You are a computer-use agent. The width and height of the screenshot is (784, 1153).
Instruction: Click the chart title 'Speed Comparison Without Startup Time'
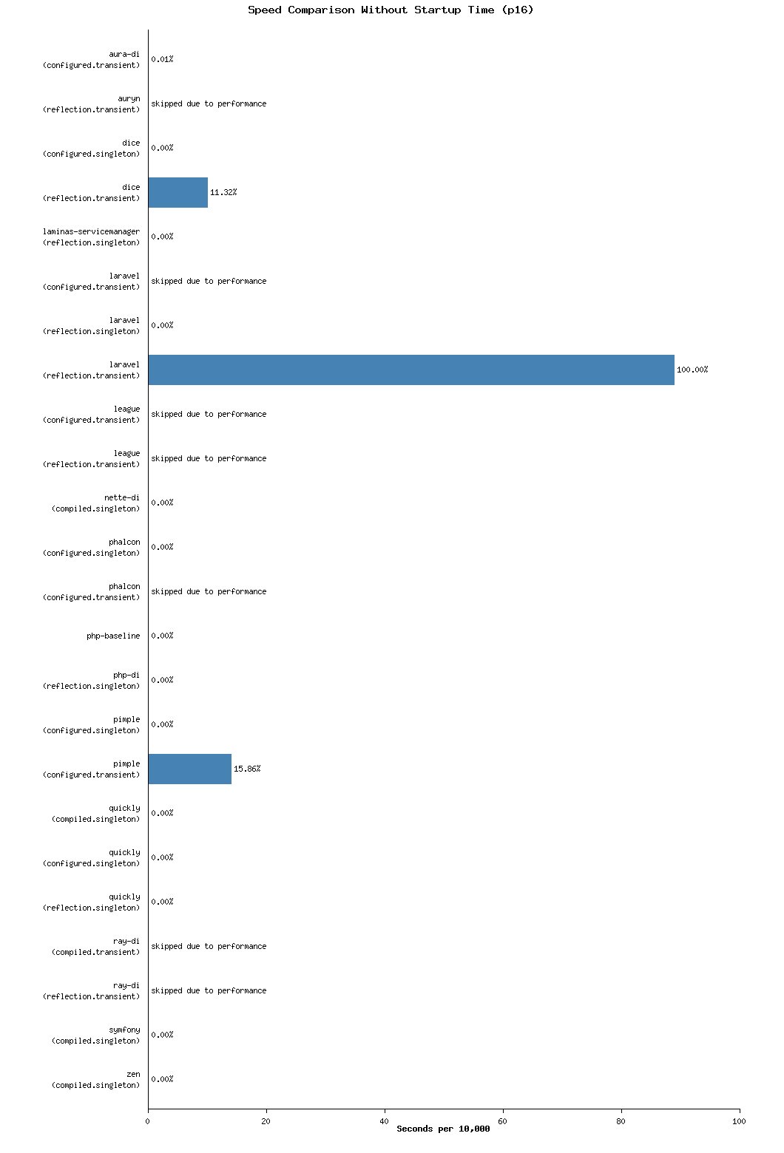(x=391, y=10)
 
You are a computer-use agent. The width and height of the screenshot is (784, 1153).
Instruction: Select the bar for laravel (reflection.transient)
(x=411, y=370)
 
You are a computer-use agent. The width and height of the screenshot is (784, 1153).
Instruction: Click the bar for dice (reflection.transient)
(x=178, y=192)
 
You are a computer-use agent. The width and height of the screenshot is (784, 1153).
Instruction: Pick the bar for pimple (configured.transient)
(x=189, y=769)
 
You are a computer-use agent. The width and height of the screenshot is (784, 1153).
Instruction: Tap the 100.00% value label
(x=692, y=370)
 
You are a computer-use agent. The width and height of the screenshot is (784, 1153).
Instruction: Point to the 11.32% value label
(x=223, y=192)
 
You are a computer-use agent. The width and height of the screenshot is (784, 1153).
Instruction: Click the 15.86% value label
(x=247, y=769)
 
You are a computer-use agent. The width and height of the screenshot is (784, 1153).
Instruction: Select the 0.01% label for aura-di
(x=162, y=59)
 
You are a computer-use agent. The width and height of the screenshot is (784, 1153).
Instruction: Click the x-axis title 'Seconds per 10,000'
(x=443, y=1129)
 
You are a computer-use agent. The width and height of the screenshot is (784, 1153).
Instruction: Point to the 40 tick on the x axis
(x=385, y=1121)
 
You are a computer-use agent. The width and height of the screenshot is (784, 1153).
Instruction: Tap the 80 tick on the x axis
(x=621, y=1121)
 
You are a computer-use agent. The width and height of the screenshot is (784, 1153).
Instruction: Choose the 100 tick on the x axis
(x=739, y=1121)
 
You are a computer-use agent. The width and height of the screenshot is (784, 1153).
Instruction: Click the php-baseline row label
(x=113, y=636)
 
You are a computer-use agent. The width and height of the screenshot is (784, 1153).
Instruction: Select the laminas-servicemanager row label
(x=91, y=237)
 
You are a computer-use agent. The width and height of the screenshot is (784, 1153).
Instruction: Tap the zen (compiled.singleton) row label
(x=95, y=1079)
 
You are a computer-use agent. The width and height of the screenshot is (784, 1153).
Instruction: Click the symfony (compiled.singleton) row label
(x=95, y=1035)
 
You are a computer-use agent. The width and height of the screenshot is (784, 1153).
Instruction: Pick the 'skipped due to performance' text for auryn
(x=209, y=103)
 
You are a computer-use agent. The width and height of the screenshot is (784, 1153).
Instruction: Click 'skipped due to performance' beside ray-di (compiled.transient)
(x=209, y=946)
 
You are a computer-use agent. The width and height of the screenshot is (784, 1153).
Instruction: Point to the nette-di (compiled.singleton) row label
(x=95, y=503)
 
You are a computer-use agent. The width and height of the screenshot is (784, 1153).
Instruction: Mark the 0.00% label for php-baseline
(x=162, y=636)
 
